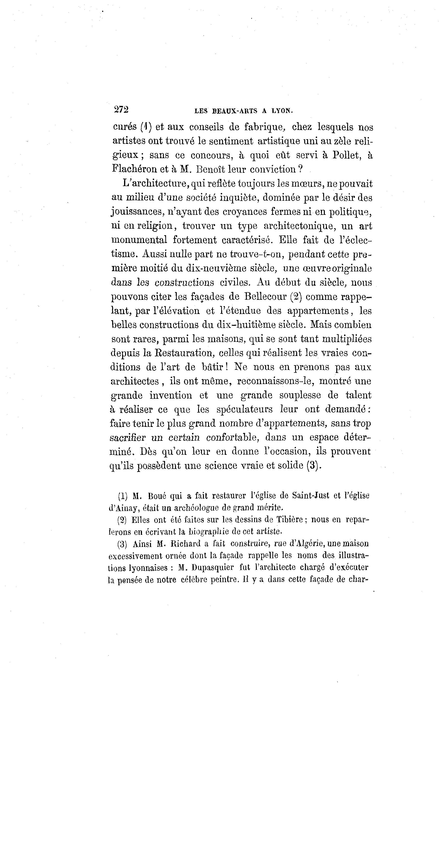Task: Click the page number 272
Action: coord(121,109)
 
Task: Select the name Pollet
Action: coord(347,155)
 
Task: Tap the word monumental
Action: coord(139,240)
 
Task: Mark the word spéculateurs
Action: coord(245,410)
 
